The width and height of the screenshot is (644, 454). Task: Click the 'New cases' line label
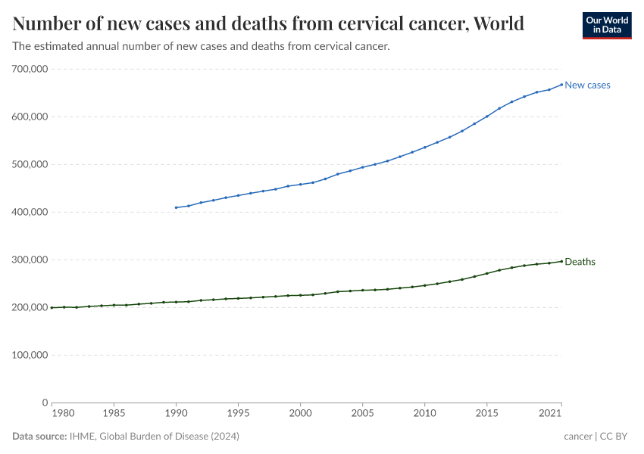click(x=587, y=85)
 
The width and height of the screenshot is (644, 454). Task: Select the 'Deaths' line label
click(x=580, y=262)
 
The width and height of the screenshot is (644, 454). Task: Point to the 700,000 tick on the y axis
click(x=30, y=69)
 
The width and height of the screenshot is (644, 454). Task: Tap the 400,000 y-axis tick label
click(x=30, y=212)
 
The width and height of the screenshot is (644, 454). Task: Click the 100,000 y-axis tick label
click(x=30, y=355)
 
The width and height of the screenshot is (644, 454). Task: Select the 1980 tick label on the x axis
click(x=63, y=415)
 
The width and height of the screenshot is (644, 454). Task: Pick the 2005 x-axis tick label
click(x=363, y=415)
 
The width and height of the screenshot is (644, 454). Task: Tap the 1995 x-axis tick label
click(x=238, y=415)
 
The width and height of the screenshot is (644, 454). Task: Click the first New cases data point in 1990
click(x=176, y=207)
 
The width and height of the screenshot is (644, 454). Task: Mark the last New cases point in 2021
click(x=561, y=84)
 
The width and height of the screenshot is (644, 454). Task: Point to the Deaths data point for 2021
click(x=561, y=261)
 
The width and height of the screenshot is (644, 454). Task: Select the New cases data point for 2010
click(x=424, y=147)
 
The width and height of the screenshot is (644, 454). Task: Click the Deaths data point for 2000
click(x=300, y=295)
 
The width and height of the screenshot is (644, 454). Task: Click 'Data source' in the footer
click(x=39, y=437)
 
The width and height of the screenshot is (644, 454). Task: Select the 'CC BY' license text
click(x=615, y=437)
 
